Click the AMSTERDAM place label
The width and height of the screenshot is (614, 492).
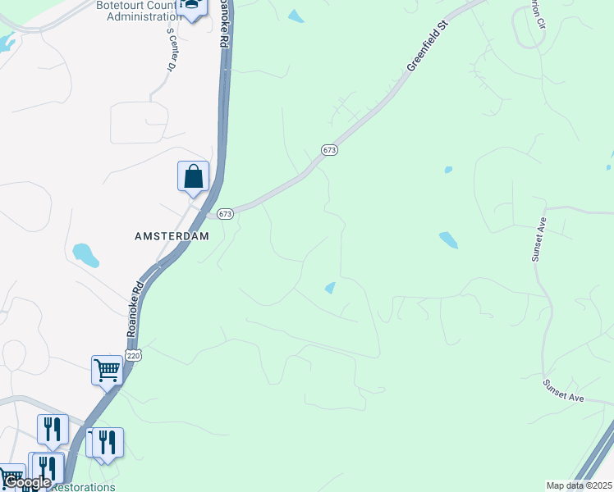(x=172, y=235)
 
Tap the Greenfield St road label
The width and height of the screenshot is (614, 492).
(x=428, y=52)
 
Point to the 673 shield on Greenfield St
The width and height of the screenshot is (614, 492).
(x=329, y=150)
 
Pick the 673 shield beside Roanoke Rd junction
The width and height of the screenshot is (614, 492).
(x=227, y=214)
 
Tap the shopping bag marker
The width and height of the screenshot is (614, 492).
(x=193, y=176)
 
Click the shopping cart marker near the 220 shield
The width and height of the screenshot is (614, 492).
(x=107, y=371)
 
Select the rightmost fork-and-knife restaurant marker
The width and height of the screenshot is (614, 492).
(x=108, y=443)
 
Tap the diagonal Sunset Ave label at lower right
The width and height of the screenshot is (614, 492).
(x=562, y=390)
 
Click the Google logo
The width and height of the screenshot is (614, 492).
(x=27, y=482)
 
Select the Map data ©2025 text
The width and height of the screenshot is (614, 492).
(x=579, y=485)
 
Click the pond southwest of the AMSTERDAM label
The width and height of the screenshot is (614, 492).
(x=85, y=255)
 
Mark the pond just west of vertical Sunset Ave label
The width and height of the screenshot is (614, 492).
(x=447, y=240)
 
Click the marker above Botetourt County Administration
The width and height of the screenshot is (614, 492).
(x=192, y=7)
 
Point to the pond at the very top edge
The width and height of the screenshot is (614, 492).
(x=296, y=16)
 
